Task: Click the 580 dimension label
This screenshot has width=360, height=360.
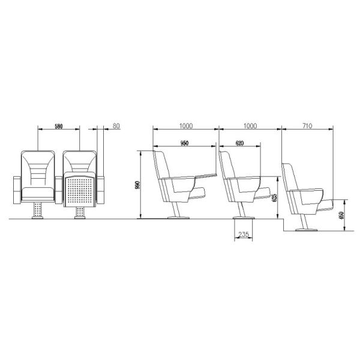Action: [x=58, y=127]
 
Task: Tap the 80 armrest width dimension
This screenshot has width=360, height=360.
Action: [x=116, y=127]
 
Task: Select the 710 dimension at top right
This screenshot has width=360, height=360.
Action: [x=306, y=126]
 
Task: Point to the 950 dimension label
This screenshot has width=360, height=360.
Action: [x=184, y=143]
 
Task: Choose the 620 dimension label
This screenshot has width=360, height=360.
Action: [x=239, y=143]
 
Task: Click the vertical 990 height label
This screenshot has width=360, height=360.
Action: [x=137, y=185]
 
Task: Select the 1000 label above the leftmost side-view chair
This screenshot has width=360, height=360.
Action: [x=186, y=126]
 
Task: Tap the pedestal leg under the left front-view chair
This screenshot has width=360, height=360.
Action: [x=39, y=211]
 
